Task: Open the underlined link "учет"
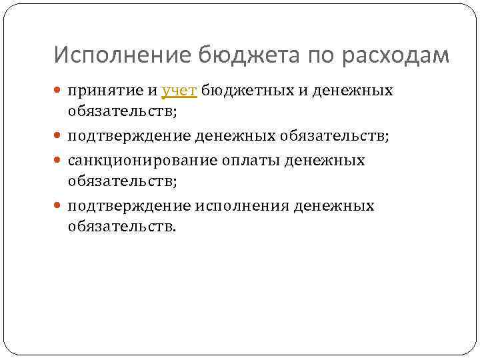[179, 91]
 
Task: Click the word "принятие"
[106, 91]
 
